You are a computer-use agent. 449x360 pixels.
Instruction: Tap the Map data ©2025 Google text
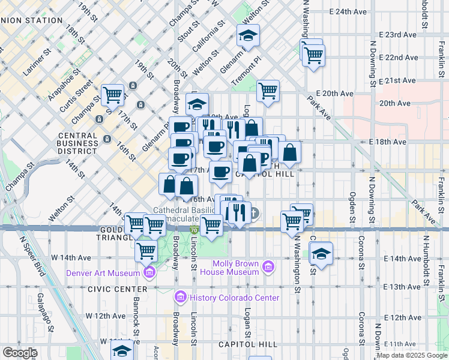point(412,355)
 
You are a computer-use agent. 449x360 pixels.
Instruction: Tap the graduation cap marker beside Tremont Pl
point(247,36)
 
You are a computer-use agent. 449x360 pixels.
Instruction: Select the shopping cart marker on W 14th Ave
point(146,251)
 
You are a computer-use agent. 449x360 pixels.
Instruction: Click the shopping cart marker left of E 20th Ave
point(268,91)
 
